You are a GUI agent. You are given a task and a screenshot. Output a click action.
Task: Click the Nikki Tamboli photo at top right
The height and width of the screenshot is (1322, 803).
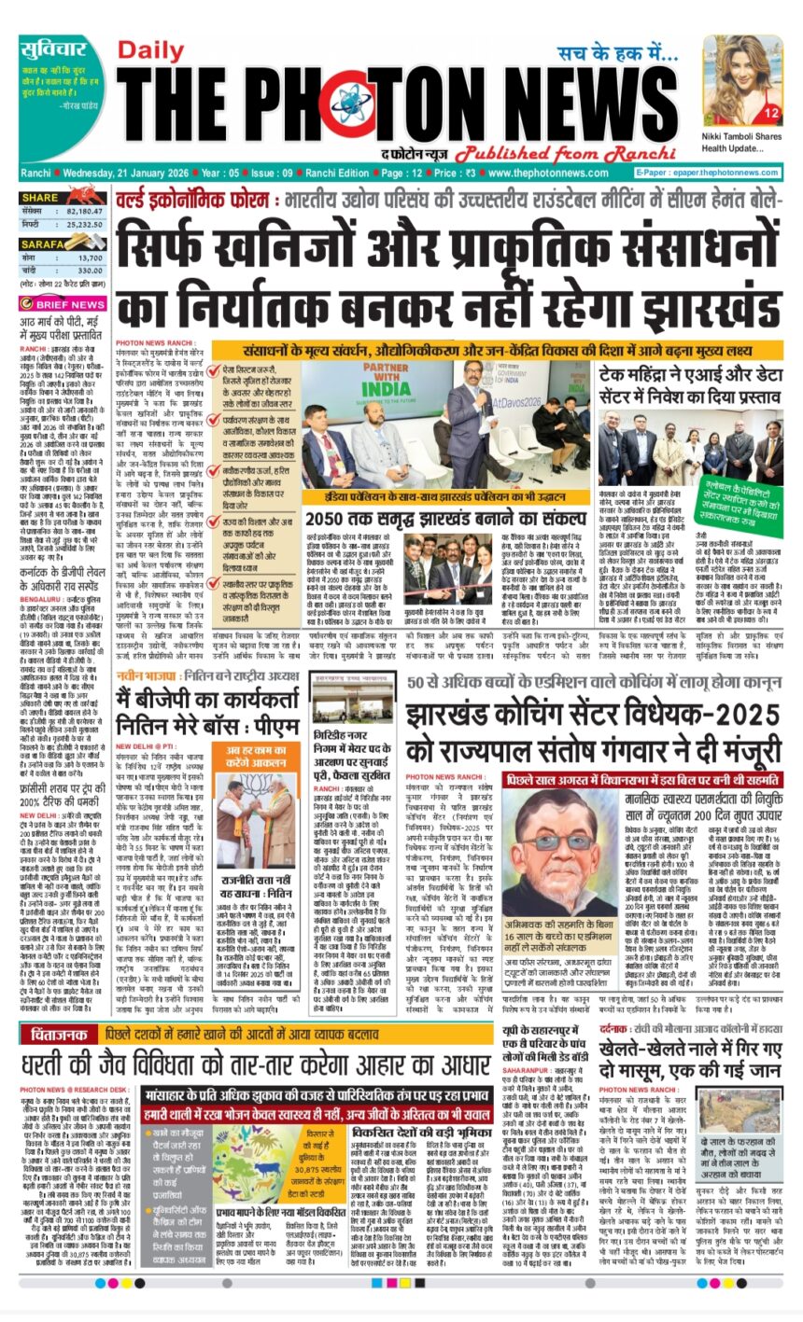click(743, 78)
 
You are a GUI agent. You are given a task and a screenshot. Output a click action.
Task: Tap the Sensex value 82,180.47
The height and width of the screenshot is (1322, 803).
click(84, 212)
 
